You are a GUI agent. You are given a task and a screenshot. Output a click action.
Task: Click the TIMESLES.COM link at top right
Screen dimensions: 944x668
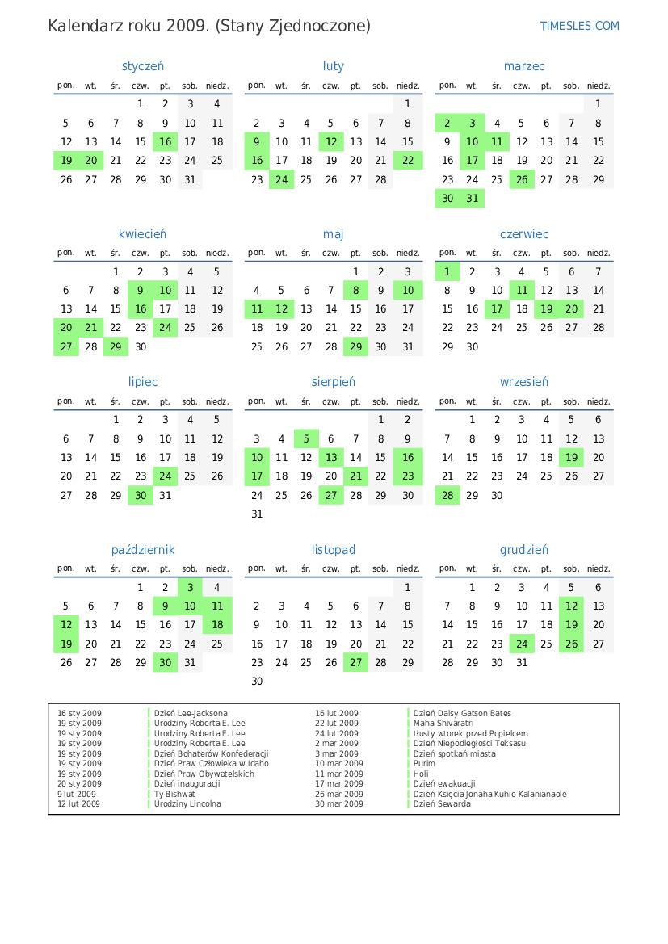tap(579, 26)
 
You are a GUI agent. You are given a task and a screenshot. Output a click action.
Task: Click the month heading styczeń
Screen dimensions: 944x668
tap(143, 66)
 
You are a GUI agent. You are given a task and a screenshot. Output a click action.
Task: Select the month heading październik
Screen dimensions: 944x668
tap(143, 550)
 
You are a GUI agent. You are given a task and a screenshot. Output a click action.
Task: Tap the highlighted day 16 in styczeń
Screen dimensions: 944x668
tap(166, 142)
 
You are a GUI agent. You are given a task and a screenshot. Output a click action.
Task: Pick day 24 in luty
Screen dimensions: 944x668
tap(281, 180)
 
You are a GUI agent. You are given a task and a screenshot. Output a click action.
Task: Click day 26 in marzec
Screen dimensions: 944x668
tap(522, 180)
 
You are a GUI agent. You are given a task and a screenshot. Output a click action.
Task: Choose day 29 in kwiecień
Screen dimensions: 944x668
tap(116, 347)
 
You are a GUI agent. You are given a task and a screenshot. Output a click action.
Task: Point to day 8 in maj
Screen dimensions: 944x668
tap(355, 291)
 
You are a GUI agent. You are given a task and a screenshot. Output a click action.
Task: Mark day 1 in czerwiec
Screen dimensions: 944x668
tap(447, 272)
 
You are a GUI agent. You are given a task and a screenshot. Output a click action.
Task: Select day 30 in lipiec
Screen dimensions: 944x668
tap(141, 495)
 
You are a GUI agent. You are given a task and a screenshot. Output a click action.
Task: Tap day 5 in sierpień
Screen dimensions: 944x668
tap(306, 439)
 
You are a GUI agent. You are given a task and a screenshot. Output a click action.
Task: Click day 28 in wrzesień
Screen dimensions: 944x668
tap(447, 495)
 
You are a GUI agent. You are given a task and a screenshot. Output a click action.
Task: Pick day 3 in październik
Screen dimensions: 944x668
tap(190, 588)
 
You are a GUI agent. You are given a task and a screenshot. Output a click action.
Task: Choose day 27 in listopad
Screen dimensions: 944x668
tap(355, 662)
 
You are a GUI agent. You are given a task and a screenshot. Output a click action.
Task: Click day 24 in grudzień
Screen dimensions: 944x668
tap(522, 644)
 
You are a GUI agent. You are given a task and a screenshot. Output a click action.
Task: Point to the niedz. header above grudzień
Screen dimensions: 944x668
tap(599, 568)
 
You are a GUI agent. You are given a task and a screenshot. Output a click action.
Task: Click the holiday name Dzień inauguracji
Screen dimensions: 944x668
tap(187, 784)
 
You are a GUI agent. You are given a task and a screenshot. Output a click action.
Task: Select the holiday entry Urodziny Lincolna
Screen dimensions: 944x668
tap(187, 804)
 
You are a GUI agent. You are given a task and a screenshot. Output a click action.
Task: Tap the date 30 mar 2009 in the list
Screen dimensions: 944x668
tap(338, 804)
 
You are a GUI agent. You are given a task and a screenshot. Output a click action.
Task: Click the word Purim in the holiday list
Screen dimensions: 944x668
tap(424, 764)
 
